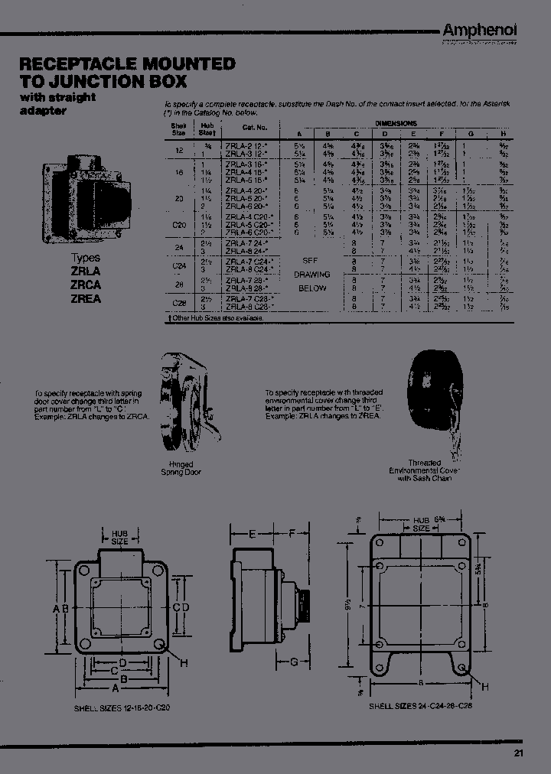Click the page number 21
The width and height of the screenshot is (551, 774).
coord(520,753)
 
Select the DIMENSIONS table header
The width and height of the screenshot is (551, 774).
coord(396,122)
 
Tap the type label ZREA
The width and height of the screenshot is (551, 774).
coord(86,299)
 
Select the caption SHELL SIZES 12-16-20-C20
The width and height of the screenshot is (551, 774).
coord(122,708)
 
